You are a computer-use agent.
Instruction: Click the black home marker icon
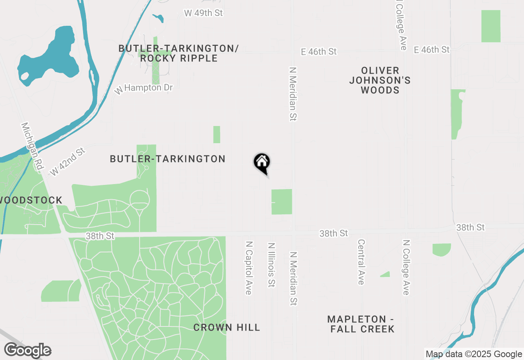(262, 163)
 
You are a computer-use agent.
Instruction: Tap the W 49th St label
(203, 13)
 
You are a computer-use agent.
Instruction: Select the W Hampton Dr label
(144, 88)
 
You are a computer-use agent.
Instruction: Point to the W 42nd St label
(68, 162)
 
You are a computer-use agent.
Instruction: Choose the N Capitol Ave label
(248, 268)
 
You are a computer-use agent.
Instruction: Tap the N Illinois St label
(271, 265)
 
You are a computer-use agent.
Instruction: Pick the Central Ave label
(361, 262)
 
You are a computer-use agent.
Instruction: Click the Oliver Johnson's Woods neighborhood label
(380, 80)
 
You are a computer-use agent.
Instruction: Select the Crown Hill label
(226, 327)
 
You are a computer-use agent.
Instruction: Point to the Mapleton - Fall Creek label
(361, 324)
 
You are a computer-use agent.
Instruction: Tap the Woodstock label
(31, 200)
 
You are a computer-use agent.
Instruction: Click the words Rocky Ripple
(179, 59)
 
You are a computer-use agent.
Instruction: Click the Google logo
(27, 350)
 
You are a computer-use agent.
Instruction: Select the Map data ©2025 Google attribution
(474, 354)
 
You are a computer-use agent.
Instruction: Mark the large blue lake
(53, 53)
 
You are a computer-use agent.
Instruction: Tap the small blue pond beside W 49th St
(158, 18)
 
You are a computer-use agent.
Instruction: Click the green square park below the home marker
(282, 202)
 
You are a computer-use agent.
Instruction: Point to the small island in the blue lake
(25, 76)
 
